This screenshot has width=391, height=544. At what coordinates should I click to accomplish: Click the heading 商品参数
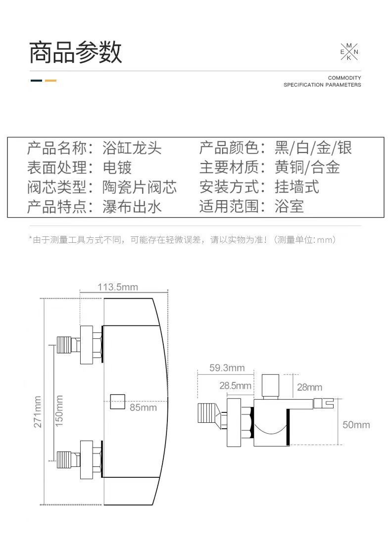pyautogui.click(x=75, y=52)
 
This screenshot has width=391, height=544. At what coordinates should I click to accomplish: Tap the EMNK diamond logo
pyautogui.click(x=349, y=52)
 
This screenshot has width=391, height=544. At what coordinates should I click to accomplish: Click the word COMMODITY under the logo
pyautogui.click(x=344, y=78)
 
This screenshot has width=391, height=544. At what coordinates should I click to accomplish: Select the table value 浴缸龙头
pyautogui.click(x=132, y=148)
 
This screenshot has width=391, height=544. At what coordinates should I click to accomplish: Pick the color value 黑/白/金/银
pyautogui.click(x=313, y=148)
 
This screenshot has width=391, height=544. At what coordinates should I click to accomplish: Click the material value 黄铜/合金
pyautogui.click(x=307, y=167)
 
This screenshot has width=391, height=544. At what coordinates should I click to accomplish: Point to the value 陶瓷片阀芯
pyautogui.click(x=140, y=187)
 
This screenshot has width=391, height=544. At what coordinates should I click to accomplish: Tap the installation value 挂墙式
pyautogui.click(x=297, y=187)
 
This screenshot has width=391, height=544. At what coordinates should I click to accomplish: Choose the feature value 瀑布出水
pyautogui.click(x=132, y=206)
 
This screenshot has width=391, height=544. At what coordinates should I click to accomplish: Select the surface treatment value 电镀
pyautogui.click(x=117, y=167)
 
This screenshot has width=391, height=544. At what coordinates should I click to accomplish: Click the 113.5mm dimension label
pyautogui.click(x=118, y=287)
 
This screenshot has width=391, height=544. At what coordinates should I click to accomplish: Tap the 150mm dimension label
pyautogui.click(x=59, y=410)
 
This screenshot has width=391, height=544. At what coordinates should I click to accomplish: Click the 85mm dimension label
pyautogui.click(x=143, y=408)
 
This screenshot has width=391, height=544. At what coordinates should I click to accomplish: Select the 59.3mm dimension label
pyautogui.click(x=227, y=368)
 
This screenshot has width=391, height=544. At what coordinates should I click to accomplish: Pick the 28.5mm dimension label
pyautogui.click(x=235, y=386)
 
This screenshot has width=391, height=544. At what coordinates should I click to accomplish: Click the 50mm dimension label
pyautogui.click(x=356, y=425)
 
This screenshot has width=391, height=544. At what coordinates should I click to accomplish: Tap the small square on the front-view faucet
pyautogui.click(x=117, y=401)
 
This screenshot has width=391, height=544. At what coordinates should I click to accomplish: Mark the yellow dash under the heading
pyautogui.click(x=50, y=81)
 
